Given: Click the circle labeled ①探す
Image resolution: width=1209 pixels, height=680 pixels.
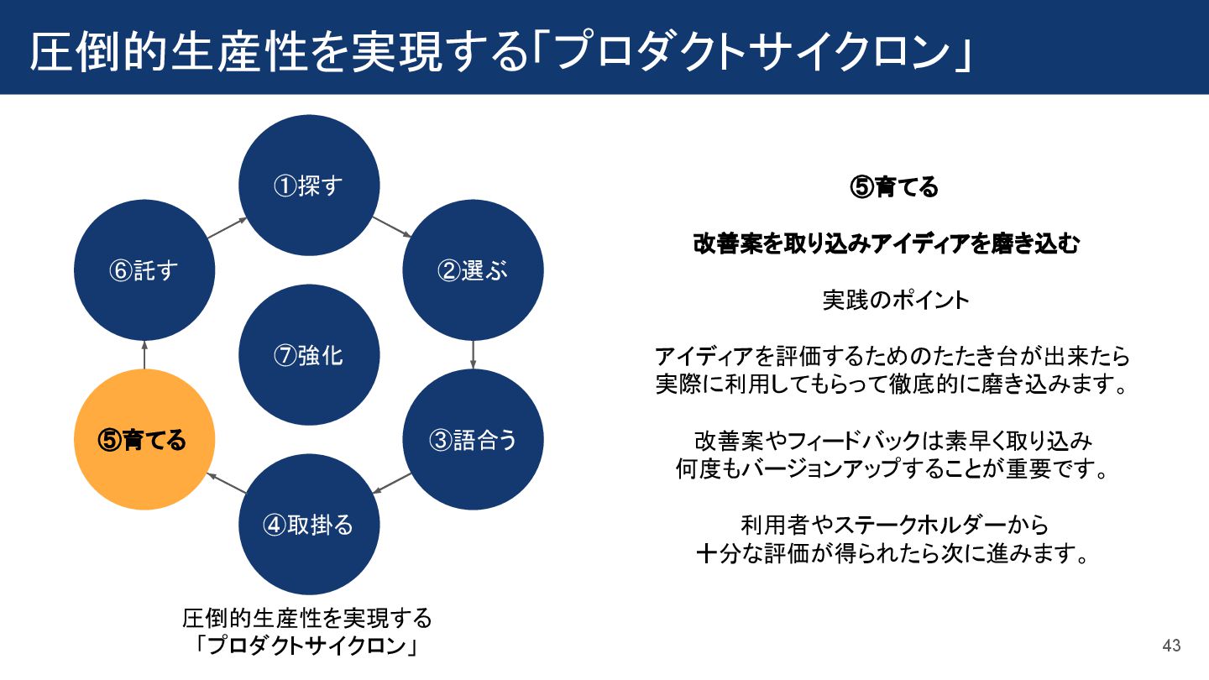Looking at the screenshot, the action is (x=309, y=186).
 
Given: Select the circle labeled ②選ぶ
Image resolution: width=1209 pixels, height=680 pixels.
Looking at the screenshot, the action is (x=473, y=270).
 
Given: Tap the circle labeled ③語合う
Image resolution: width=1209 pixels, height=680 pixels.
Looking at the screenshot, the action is (x=473, y=440).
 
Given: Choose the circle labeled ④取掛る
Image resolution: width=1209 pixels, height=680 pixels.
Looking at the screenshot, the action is (x=309, y=525).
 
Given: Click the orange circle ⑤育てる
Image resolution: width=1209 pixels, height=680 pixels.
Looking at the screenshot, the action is (x=144, y=440).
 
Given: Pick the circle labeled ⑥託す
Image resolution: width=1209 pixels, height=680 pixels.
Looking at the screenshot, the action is (x=144, y=270).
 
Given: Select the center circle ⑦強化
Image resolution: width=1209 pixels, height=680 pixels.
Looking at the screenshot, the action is (x=309, y=355).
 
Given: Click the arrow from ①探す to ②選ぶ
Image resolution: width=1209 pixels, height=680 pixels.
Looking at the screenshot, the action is (x=390, y=228).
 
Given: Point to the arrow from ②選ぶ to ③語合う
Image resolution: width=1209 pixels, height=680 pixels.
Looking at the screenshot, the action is (x=474, y=354).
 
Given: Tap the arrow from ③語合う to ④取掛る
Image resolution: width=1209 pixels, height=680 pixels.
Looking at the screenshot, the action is (x=391, y=483).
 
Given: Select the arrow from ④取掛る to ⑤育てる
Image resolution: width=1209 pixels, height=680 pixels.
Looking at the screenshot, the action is (x=227, y=483).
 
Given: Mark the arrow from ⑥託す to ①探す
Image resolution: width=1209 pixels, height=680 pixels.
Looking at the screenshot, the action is (x=227, y=228).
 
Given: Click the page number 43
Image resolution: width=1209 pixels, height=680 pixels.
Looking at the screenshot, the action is (x=1171, y=646).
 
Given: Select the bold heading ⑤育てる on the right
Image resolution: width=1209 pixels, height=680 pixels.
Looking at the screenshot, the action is (x=894, y=187).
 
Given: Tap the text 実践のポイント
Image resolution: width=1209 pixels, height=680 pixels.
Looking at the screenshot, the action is (x=895, y=300).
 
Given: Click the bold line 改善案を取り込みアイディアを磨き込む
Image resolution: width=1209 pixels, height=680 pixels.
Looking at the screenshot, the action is (x=886, y=244).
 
